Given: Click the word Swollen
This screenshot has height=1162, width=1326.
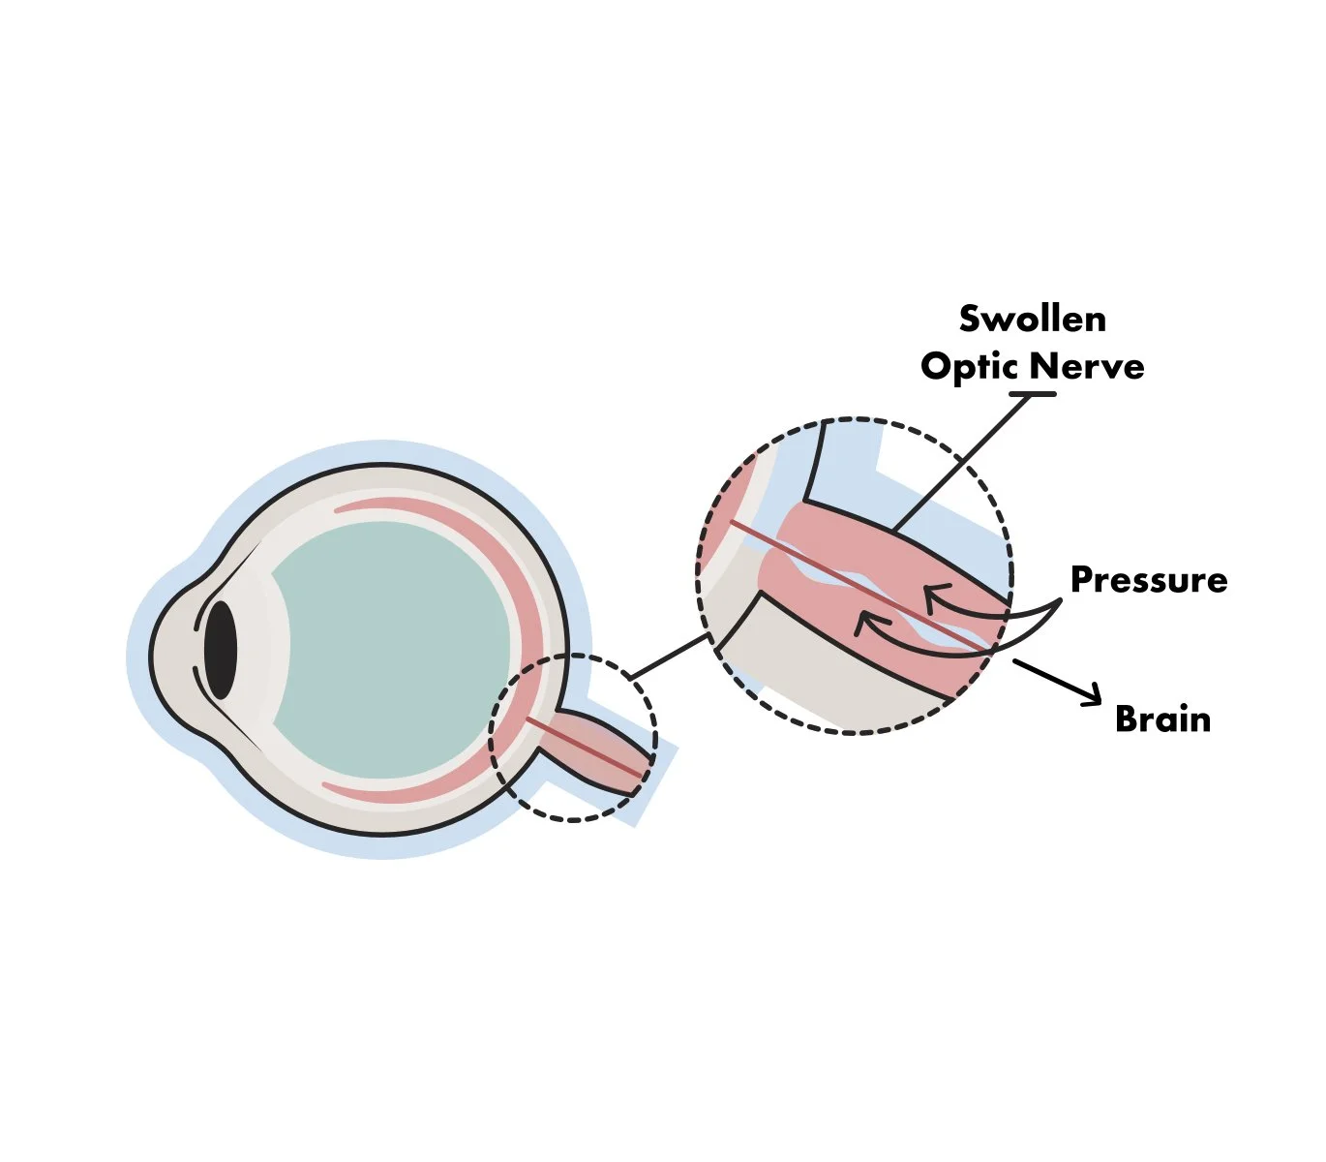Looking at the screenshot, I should click(x=1032, y=319).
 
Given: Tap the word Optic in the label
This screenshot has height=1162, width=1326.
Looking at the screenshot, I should click(x=969, y=366).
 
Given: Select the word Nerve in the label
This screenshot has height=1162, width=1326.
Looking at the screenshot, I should click(x=1087, y=366).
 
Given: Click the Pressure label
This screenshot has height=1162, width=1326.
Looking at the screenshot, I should click(x=1149, y=579).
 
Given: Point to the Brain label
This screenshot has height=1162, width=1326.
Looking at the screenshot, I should click(x=1162, y=719).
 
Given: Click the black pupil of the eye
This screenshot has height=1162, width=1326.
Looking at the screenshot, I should click(x=221, y=650).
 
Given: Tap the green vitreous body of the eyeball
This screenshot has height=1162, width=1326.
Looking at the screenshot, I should click(x=387, y=649).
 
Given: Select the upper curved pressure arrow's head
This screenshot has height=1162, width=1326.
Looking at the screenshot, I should click(x=930, y=594).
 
